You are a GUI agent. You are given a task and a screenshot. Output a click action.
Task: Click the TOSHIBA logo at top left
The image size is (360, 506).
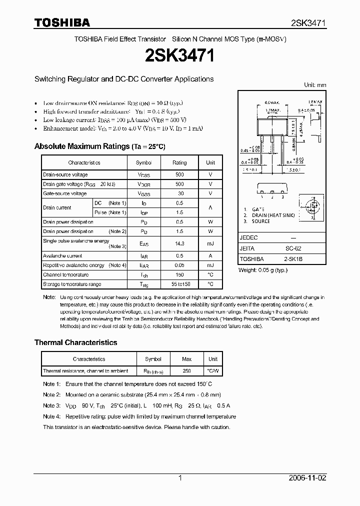coord(62,22)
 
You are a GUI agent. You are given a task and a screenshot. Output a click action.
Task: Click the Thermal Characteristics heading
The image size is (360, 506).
coord(75,342)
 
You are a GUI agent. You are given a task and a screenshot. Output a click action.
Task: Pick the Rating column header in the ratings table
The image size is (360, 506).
coord(179,162)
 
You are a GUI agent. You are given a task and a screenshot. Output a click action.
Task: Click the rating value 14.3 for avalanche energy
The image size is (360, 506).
coord(179,243)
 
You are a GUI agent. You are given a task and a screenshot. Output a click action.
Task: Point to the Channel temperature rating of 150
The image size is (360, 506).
coord(179,274)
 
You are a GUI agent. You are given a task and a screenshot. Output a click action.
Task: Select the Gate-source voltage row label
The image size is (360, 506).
coord(65,193)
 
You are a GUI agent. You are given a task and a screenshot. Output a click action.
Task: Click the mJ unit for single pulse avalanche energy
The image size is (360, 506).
coord(210,243)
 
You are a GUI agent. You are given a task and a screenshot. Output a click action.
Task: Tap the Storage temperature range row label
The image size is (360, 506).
coord(72,284)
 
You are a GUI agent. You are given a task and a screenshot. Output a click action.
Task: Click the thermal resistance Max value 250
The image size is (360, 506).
coord(186,371)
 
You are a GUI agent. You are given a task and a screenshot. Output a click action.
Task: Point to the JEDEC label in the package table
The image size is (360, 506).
coord(249,238)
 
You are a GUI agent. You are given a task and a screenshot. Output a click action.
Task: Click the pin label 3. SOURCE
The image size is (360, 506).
coord(257,221)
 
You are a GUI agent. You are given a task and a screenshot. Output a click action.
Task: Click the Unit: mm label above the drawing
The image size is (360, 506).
coord(315,85)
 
